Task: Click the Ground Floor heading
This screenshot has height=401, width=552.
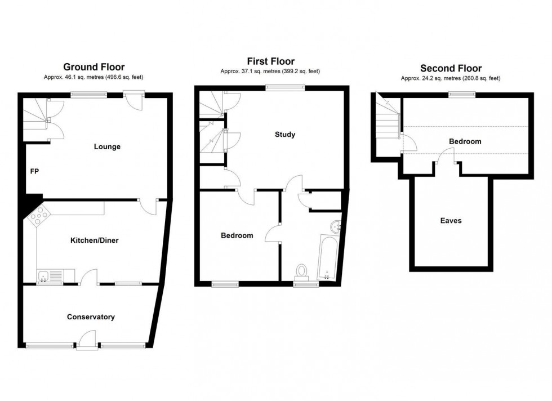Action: pos(94,67)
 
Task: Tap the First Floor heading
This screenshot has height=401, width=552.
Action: pos(270,61)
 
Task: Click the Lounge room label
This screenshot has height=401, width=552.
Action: pos(107,147)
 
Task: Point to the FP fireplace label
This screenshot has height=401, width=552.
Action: pos(34,171)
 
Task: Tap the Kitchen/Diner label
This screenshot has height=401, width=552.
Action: pos(94,240)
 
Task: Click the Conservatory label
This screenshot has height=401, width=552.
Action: pos(91,317)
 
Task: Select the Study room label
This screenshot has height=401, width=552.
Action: pos(285,135)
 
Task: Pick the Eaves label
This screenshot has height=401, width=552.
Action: pos(451,221)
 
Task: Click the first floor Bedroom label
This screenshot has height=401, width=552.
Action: pos(237,235)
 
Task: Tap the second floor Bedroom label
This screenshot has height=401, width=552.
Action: pos(465,141)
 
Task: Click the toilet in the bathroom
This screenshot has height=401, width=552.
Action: pos(303,271)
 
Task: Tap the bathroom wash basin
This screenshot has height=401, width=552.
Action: pos(336,227)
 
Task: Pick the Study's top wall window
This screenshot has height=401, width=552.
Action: pos(285,87)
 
